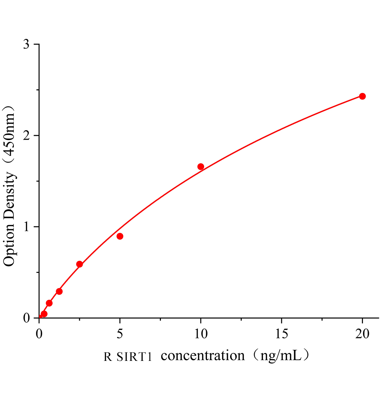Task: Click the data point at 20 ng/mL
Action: [362, 96]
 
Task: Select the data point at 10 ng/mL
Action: [201, 166]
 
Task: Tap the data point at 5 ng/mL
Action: [120, 236]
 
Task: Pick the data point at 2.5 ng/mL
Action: [79, 264]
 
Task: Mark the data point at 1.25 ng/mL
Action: [59, 291]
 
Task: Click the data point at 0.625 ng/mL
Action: [49, 303]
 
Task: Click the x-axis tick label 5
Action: [120, 334]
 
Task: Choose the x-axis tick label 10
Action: [201, 334]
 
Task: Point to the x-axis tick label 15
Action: [282, 334]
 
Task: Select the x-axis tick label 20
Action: [362, 334]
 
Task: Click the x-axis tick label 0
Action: [39, 334]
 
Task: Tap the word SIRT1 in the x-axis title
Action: [134, 357]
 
